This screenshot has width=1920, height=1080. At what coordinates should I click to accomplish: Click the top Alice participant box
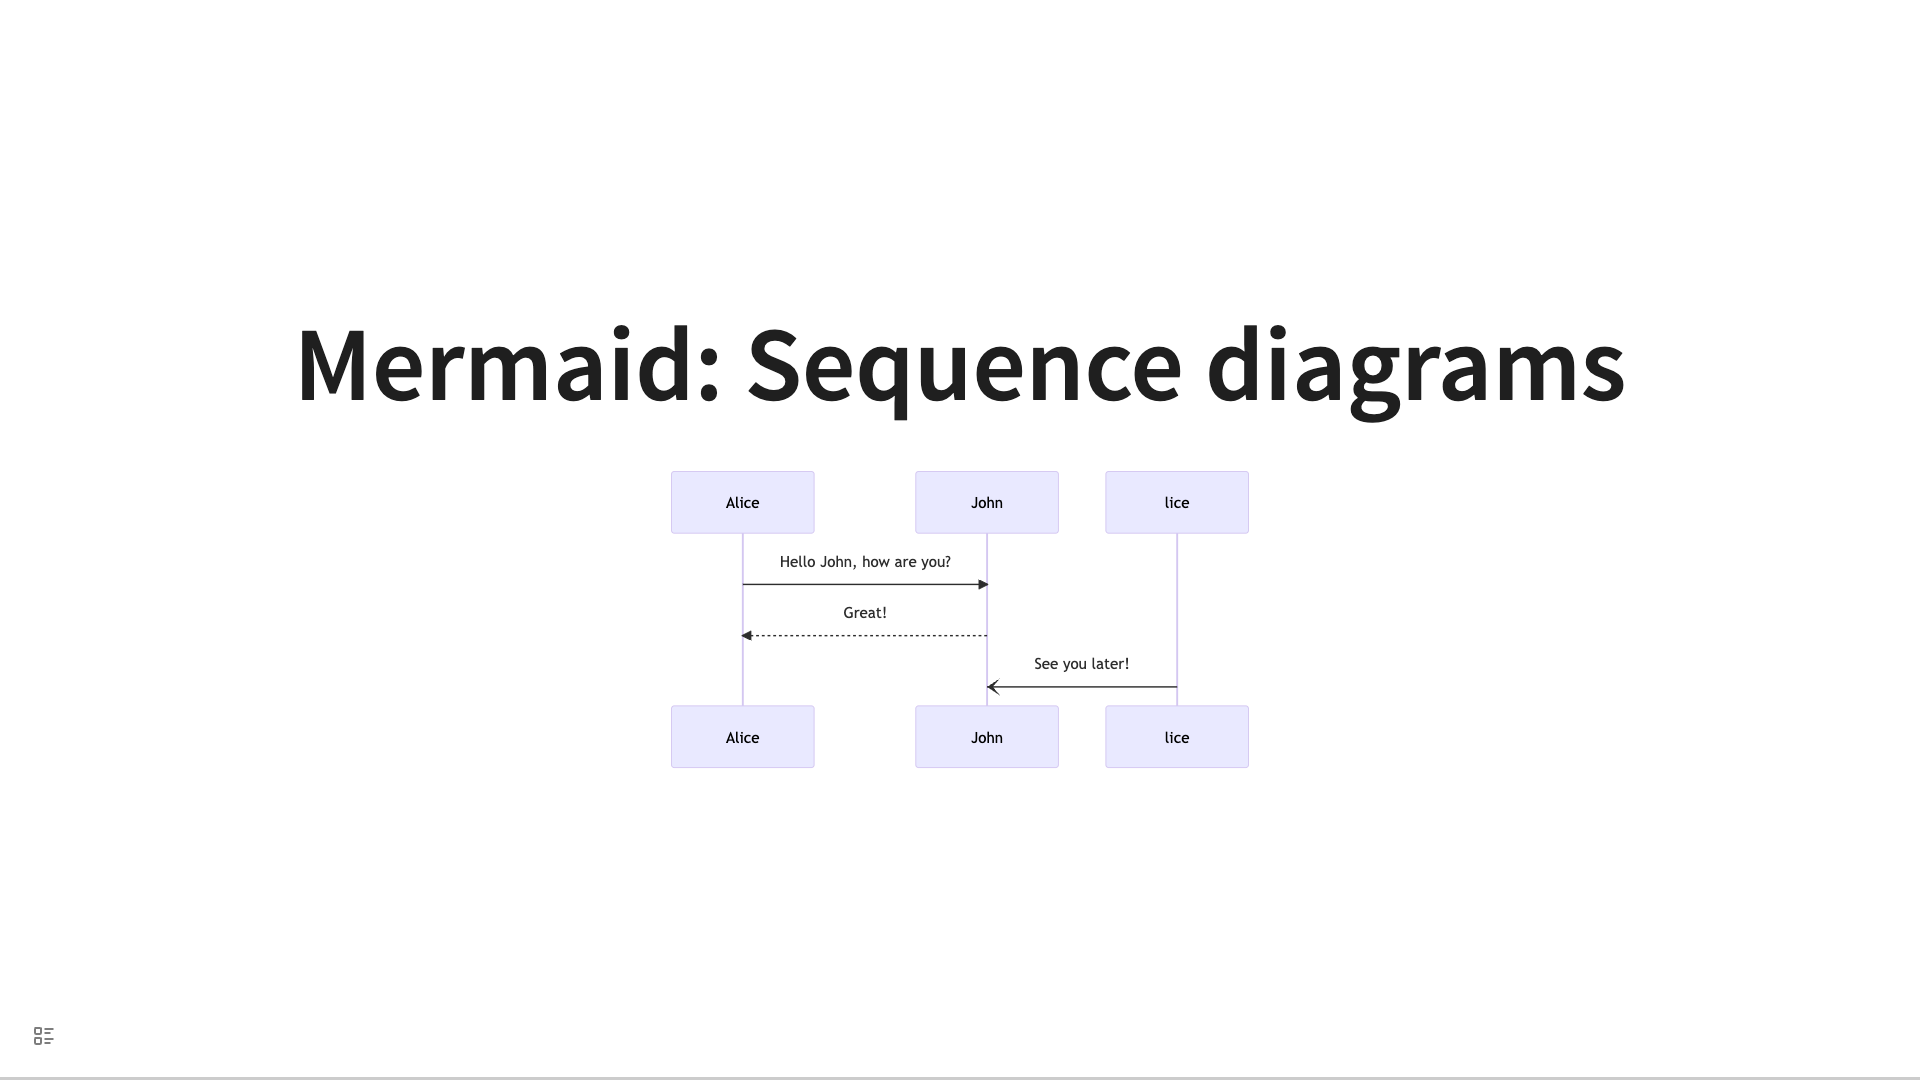(x=743, y=502)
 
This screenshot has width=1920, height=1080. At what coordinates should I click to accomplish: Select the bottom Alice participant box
(x=743, y=737)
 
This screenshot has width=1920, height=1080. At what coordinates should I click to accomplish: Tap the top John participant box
(x=987, y=502)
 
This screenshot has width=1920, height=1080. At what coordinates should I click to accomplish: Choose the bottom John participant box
(x=987, y=737)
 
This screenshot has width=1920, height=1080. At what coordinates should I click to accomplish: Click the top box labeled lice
(x=1177, y=502)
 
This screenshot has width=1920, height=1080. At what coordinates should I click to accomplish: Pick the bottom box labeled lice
(x=1177, y=737)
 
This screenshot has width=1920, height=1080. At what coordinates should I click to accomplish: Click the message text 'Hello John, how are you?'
(x=865, y=562)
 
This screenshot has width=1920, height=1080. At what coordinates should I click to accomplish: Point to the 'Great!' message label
(x=865, y=613)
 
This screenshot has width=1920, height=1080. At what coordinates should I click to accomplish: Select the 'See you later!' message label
(x=1081, y=664)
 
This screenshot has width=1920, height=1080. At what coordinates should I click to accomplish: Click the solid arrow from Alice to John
(x=865, y=584)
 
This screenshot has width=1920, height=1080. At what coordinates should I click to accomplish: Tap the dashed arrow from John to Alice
(x=864, y=635)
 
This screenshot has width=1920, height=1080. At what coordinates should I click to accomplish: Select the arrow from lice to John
(x=1082, y=687)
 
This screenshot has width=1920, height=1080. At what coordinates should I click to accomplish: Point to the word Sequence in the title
(x=965, y=370)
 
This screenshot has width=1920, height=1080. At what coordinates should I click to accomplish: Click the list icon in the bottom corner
(x=44, y=1036)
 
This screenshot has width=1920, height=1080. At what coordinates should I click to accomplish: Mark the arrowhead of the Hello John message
(x=983, y=584)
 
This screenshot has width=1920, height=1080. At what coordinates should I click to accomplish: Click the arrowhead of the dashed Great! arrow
(x=746, y=635)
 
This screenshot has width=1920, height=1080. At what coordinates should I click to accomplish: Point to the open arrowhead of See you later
(x=993, y=687)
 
